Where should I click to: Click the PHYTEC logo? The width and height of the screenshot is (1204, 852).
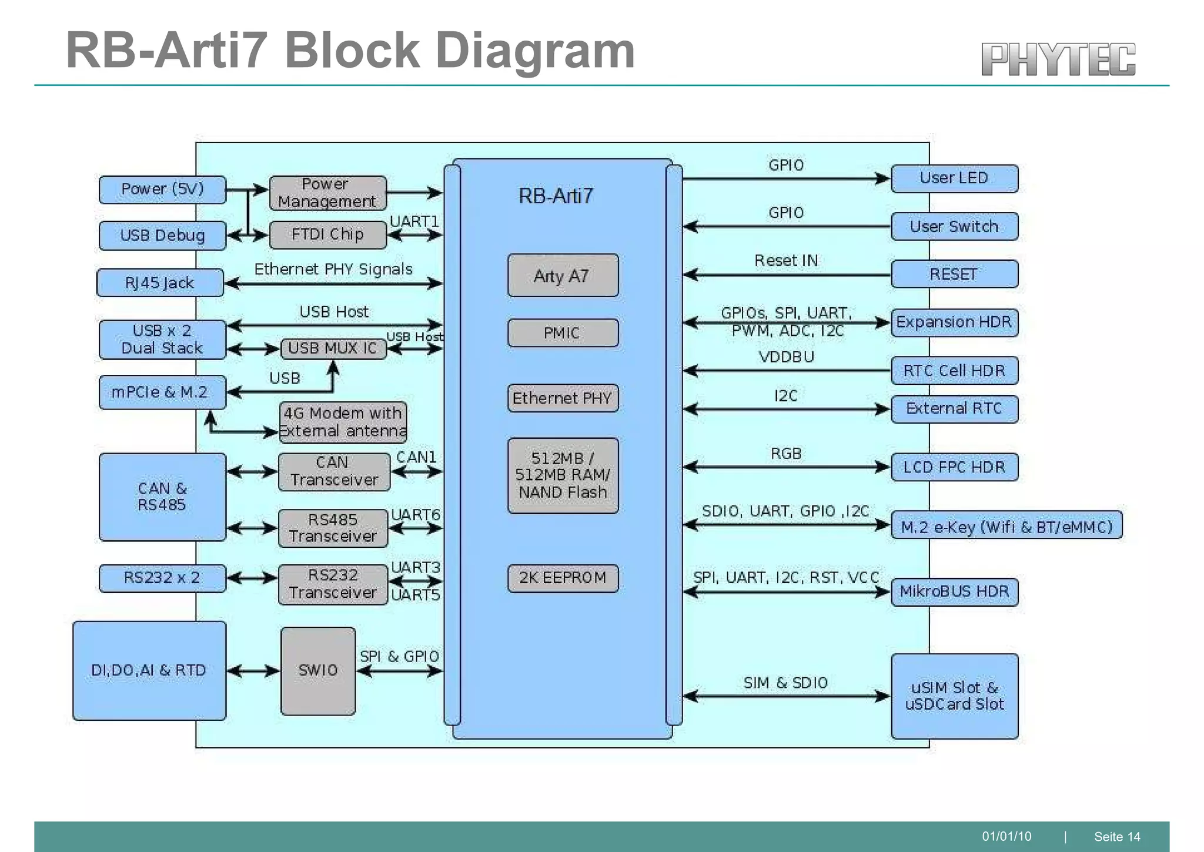click(1058, 59)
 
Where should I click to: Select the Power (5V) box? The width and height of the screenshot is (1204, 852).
click(162, 189)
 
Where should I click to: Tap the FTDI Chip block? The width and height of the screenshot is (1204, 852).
click(327, 235)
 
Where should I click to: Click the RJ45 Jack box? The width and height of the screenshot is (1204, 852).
click(160, 283)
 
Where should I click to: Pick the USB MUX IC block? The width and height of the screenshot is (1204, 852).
click(333, 348)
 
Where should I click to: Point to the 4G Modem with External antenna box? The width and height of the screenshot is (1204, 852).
click(343, 422)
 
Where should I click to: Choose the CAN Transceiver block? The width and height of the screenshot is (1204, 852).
click(333, 471)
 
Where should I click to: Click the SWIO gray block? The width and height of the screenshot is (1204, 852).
click(318, 671)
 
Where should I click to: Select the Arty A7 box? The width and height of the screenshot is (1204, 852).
click(563, 275)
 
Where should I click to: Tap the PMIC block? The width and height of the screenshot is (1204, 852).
click(563, 333)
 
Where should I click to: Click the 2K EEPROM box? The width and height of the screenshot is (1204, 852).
click(563, 578)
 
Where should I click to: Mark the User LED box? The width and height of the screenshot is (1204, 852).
click(954, 178)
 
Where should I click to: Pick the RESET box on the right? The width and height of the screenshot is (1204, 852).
click(954, 274)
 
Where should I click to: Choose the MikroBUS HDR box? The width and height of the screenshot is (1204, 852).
click(954, 591)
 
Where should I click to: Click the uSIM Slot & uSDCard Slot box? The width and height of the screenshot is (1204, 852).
click(954, 696)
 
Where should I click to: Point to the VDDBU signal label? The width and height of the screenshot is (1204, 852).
click(786, 357)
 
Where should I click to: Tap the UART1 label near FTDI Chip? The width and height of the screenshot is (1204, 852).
click(414, 221)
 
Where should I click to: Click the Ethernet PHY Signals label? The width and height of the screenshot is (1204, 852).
click(333, 269)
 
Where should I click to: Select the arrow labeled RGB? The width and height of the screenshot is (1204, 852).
click(786, 467)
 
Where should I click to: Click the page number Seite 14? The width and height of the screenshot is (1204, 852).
click(1116, 837)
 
